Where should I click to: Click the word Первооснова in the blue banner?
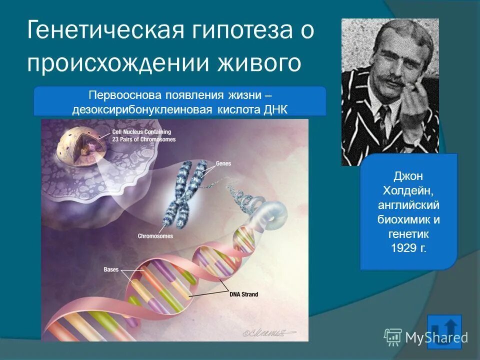[x=118, y=95]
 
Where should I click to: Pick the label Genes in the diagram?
[x=223, y=163]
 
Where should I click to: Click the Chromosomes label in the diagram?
[x=155, y=236]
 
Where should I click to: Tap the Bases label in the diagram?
[x=111, y=270]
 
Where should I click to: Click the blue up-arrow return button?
[x=444, y=331]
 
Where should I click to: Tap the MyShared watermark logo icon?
[x=393, y=337]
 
